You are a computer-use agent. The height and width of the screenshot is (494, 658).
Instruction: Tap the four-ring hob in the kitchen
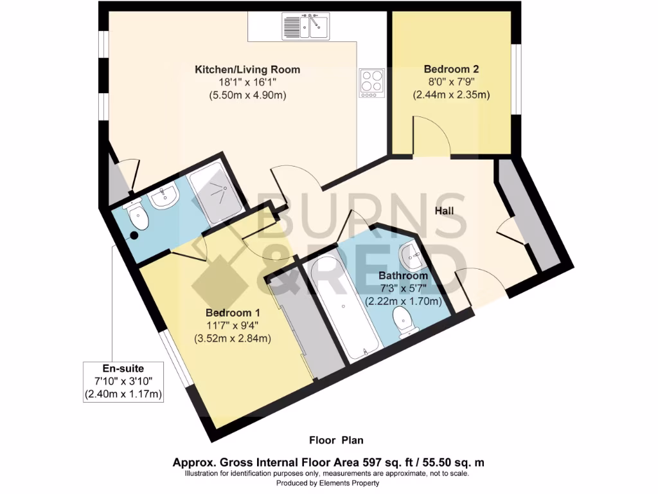point(371,82)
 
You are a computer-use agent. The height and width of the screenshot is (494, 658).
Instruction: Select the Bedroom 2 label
point(451,69)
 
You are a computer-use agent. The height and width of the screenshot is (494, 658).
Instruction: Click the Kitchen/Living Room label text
point(247,69)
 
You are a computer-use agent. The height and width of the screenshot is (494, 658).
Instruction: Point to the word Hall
point(445,211)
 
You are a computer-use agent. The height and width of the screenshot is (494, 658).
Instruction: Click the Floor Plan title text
point(336,441)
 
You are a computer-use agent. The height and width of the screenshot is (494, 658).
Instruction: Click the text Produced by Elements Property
point(327,483)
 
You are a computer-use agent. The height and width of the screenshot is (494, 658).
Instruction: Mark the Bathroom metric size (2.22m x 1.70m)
point(404,301)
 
